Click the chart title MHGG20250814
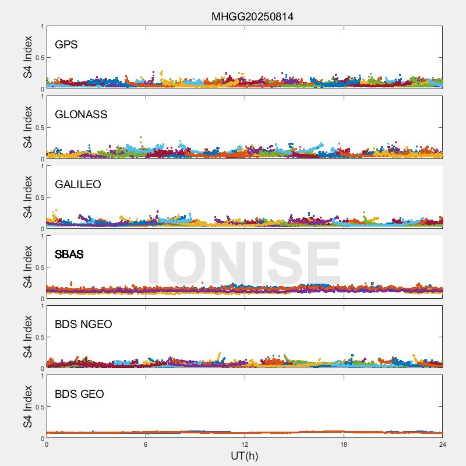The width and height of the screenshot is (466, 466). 252,17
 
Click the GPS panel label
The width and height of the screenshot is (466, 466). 66,45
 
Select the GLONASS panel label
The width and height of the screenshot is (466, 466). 81,115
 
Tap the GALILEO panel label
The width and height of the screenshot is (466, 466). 78,185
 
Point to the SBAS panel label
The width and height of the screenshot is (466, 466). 69,255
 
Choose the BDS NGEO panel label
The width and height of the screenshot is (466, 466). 83,324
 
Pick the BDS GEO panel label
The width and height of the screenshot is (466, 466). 79,394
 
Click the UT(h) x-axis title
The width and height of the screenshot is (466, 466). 244,456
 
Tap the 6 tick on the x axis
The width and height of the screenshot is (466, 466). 146,444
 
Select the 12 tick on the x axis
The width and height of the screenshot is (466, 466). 245,444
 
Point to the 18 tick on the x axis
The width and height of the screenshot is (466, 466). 344,444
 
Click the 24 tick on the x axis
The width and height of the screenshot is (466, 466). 443,444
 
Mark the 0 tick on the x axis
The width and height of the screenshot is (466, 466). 47,444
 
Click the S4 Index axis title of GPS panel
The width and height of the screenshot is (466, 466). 28,57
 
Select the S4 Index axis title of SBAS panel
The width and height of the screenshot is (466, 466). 28,267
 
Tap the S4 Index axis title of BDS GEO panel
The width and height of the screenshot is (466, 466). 28,407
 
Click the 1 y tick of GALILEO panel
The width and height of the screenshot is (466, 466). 42,166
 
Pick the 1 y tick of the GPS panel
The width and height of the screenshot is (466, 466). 42,26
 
